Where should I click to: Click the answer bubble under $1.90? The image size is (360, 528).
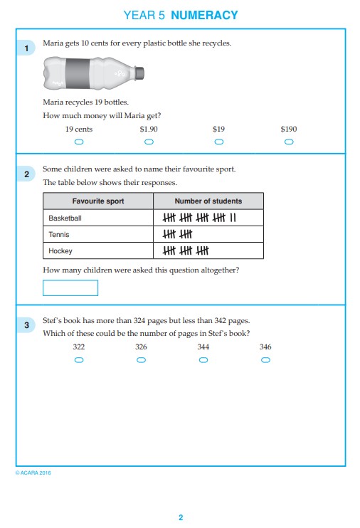tap(149, 142)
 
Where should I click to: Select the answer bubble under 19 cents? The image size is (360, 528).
tap(79, 142)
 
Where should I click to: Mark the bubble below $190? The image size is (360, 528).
tap(289, 142)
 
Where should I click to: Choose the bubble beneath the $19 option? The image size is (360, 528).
tap(219, 142)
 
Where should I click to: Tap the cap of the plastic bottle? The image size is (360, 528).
tap(139, 73)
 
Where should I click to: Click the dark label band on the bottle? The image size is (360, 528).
tap(78, 73)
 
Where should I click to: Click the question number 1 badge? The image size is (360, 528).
tap(26, 48)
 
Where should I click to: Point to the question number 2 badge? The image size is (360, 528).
tap(26, 174)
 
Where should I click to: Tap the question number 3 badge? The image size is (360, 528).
tap(26, 325)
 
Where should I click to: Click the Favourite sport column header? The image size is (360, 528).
tap(98, 201)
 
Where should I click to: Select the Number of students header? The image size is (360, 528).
tap(208, 201)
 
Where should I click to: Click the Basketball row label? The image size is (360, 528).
tap(65, 218)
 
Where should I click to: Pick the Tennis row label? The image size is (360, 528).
tap(59, 234)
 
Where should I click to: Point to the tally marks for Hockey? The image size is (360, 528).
tap(186, 250)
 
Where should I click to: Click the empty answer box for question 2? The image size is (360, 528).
tap(70, 288)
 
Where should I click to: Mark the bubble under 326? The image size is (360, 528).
tap(141, 360)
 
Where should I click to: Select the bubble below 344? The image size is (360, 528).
tap(203, 360)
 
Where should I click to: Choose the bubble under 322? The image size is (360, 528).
tap(79, 360)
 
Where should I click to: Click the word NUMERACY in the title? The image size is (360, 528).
tap(204, 15)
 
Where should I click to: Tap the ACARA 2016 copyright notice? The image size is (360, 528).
tap(33, 472)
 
